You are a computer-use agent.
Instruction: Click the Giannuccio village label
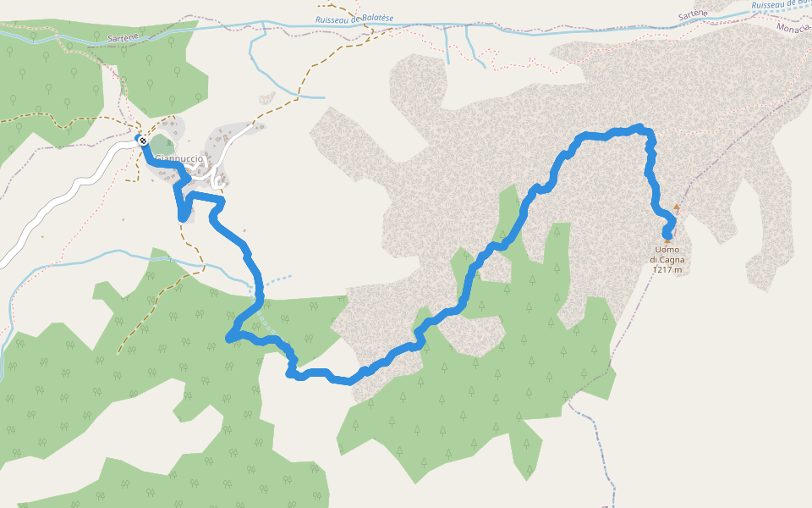(x=179, y=158)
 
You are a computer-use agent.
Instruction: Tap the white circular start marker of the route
(x=143, y=141)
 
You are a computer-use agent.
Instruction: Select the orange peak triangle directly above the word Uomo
(x=667, y=241)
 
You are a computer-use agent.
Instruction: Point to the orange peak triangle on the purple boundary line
(x=676, y=207)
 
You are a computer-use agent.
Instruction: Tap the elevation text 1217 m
(x=667, y=270)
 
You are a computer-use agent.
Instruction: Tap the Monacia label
(x=793, y=28)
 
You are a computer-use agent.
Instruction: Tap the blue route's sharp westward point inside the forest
(x=229, y=339)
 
